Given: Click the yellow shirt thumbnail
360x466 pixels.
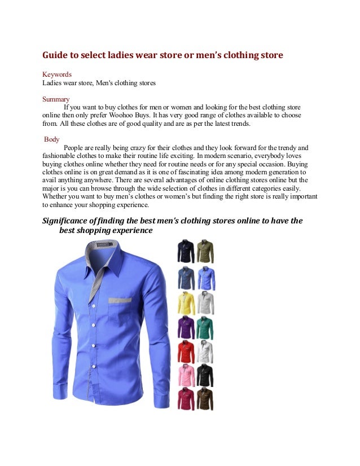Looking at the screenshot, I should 186,303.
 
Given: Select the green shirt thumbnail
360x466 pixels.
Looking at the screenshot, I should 205,327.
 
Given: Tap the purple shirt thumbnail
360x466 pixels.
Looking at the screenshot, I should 186,327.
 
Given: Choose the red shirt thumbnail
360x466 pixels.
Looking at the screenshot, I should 186,351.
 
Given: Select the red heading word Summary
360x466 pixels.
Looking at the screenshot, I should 56,98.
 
